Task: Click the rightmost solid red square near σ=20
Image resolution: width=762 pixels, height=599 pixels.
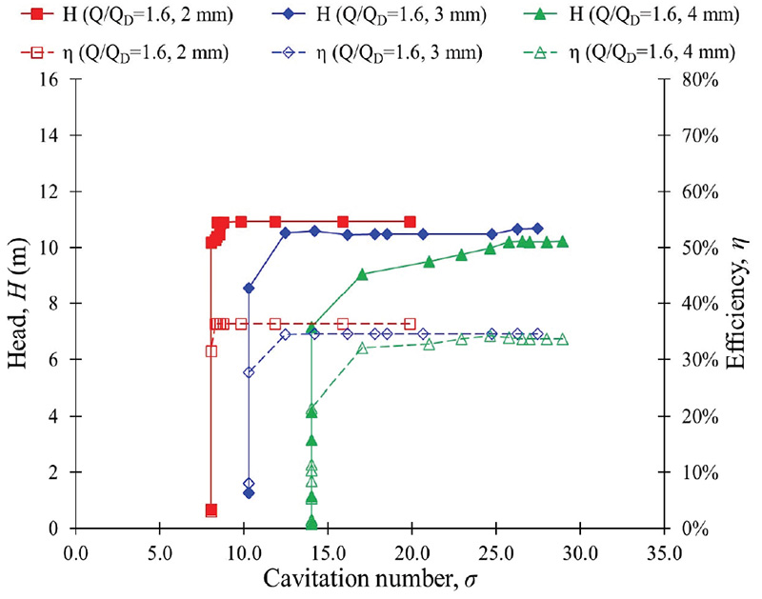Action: coord(410,222)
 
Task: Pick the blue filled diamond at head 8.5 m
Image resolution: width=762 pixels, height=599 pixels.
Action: coord(249,288)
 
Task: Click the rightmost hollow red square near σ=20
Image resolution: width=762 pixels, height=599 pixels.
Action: coord(410,324)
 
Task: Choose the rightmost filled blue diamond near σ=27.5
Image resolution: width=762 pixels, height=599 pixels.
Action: coord(537,229)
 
